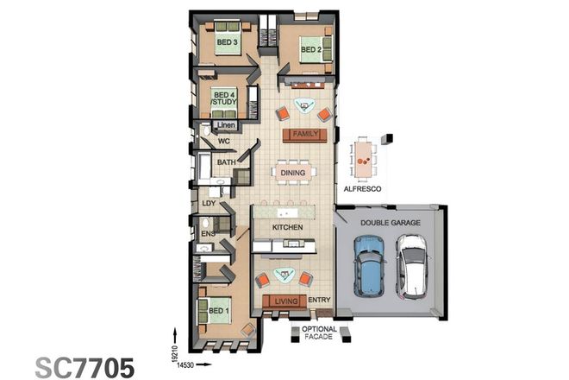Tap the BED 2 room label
click(x=311, y=49)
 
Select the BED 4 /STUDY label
click(x=224, y=98)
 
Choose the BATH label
click(x=226, y=161)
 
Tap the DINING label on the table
click(x=290, y=173)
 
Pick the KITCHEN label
click(x=286, y=226)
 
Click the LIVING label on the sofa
click(x=286, y=301)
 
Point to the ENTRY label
click(x=319, y=301)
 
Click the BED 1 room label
click(x=218, y=310)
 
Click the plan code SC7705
click(x=84, y=366)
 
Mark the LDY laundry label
click(x=208, y=204)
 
